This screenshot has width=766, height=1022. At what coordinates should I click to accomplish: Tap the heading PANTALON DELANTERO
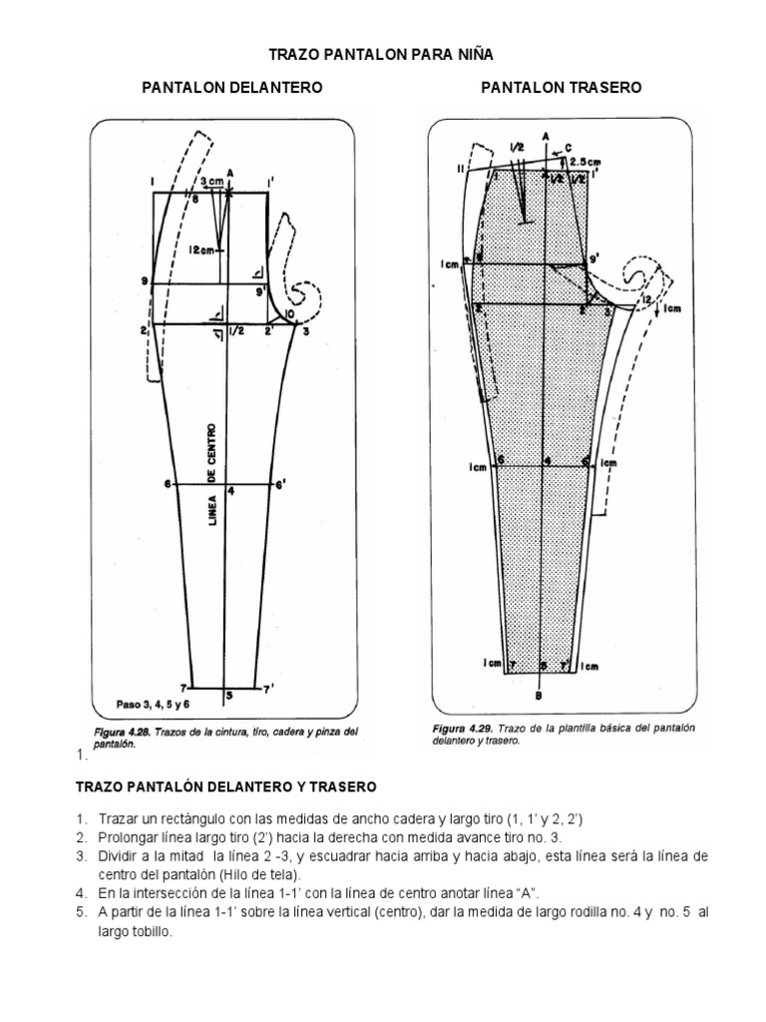coord(233,89)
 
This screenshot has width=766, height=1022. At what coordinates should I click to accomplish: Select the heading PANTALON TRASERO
coord(562,89)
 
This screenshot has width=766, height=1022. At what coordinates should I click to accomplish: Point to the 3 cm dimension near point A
coord(210,182)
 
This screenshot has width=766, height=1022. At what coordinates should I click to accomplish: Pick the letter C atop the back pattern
coord(568,147)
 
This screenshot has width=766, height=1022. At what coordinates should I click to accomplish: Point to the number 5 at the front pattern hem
coord(228,695)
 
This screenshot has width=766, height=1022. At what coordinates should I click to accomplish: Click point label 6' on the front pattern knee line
coord(282,485)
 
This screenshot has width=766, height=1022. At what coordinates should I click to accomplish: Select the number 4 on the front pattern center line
coord(230,492)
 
